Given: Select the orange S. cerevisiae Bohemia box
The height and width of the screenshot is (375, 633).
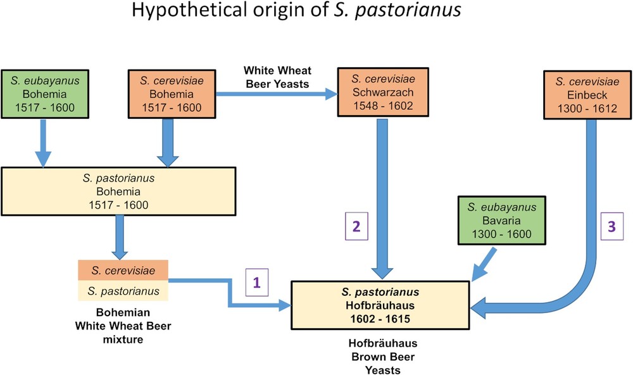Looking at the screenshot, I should click(x=170, y=94).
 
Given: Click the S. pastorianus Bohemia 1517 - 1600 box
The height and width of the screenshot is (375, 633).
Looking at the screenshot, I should click(x=119, y=191).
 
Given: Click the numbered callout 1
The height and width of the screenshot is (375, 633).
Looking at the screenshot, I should click(x=256, y=283).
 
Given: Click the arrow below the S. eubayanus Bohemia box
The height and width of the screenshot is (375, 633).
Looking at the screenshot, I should click(x=43, y=143).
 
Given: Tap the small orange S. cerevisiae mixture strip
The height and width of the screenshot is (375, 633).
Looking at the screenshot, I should click(x=122, y=270).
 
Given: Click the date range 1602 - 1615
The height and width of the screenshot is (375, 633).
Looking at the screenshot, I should click(x=380, y=319).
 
